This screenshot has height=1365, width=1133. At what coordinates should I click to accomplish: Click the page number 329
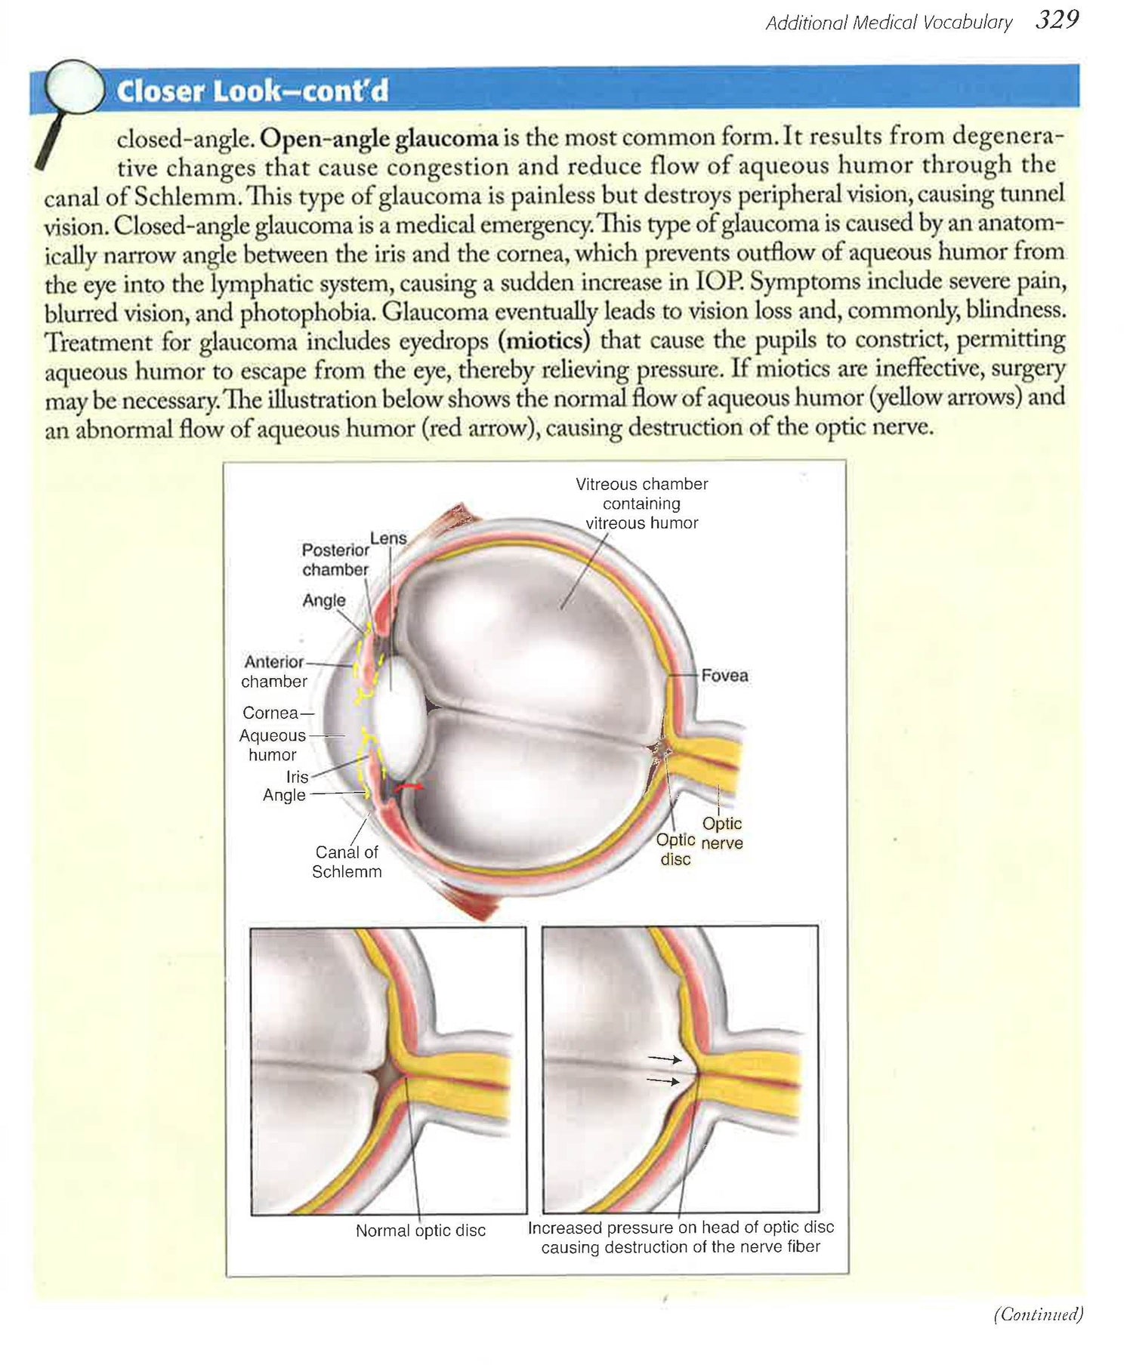[x=1057, y=20]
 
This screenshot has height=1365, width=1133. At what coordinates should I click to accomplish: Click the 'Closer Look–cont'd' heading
[x=252, y=91]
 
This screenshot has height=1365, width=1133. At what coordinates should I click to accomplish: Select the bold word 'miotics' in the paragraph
[x=544, y=340]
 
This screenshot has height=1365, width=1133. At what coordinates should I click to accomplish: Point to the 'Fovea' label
[x=724, y=676]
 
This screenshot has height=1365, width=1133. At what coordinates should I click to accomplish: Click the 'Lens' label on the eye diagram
[x=388, y=538]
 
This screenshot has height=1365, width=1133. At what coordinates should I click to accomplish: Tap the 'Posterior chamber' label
[x=335, y=559]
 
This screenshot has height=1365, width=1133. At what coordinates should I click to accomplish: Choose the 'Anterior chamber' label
[x=273, y=671]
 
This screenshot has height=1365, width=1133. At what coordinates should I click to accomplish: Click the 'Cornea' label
[x=270, y=713]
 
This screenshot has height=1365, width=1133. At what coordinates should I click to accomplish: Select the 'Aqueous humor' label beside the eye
[x=273, y=744]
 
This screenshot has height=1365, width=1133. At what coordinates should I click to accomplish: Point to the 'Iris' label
[x=297, y=776]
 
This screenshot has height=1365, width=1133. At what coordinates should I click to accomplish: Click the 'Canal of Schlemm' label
[x=347, y=861]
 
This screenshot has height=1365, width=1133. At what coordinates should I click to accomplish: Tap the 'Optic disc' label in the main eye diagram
[x=675, y=849]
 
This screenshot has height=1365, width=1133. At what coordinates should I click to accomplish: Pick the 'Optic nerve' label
[x=722, y=833]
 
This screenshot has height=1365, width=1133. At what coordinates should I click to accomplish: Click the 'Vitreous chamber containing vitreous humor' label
[x=641, y=503]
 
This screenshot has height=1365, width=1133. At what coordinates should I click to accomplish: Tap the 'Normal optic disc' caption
[x=421, y=1230]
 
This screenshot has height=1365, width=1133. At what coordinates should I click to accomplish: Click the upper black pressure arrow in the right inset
[x=665, y=1059]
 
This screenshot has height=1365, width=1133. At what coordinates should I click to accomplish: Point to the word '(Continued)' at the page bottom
[x=1038, y=1314]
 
